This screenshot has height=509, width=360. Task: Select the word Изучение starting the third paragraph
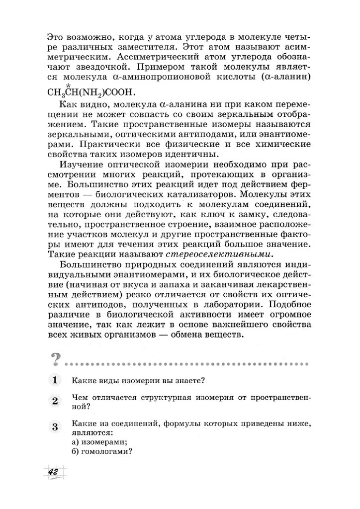coord(82,165)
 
